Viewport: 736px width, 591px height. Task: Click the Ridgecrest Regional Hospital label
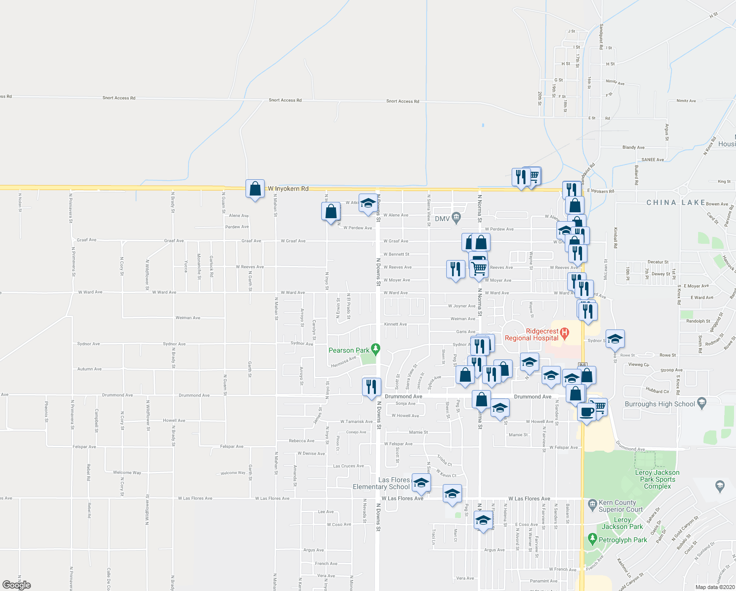click(x=532, y=334)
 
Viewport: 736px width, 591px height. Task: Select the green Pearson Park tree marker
click(x=376, y=349)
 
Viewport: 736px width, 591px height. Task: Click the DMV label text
click(x=443, y=218)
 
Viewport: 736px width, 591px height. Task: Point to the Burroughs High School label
click(x=660, y=404)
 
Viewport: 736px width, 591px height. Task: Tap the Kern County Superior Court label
click(x=620, y=506)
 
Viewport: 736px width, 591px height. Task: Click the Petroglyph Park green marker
click(x=592, y=539)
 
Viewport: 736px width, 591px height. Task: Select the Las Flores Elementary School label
click(x=381, y=483)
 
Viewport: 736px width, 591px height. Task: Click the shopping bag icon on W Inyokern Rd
click(x=255, y=189)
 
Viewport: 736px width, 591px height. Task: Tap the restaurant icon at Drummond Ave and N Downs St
click(x=371, y=387)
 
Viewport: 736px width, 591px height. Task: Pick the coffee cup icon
click(x=586, y=411)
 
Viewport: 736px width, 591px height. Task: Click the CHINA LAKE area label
click(x=675, y=202)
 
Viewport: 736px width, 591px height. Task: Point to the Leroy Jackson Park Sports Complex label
click(x=657, y=479)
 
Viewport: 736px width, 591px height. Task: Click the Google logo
click(x=17, y=585)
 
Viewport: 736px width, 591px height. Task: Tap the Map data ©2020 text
click(x=714, y=587)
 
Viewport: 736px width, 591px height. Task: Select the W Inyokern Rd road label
click(x=288, y=189)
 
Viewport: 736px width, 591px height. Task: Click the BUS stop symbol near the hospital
click(x=583, y=364)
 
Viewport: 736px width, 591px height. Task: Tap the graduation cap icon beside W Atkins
click(x=368, y=204)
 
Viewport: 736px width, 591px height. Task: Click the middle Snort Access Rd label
click(x=285, y=100)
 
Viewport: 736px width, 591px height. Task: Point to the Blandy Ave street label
click(x=633, y=147)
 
